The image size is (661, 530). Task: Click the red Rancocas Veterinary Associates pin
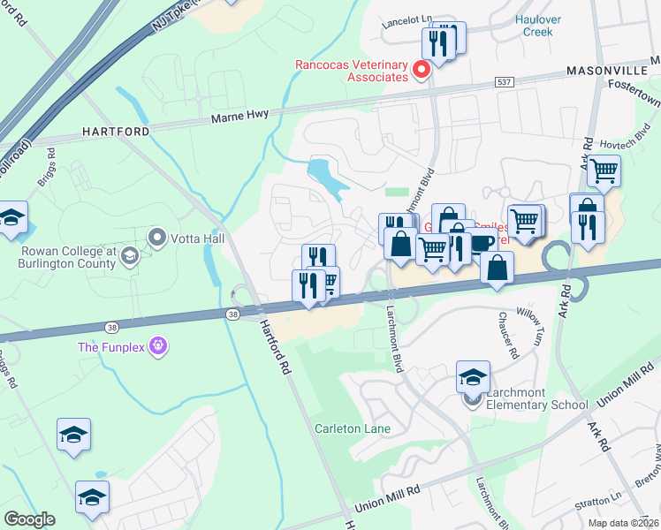(422, 68)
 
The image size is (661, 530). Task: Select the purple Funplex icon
(158, 345)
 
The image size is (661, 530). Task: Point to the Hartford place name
(115, 131)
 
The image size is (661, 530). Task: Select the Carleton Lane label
(353, 428)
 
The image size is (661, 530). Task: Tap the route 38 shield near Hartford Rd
(233, 314)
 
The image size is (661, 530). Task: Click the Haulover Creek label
(533, 25)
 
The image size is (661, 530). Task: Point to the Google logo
(29, 519)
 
